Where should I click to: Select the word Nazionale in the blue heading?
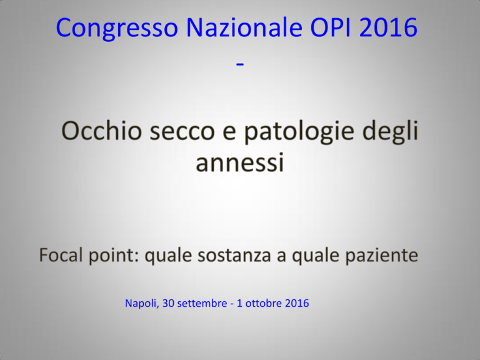[x=244, y=27]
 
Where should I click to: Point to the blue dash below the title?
[x=240, y=64]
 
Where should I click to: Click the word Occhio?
[x=102, y=131]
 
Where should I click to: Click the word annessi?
[x=240, y=163]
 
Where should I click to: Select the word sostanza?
[x=234, y=256]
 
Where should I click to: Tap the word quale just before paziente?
[x=315, y=256]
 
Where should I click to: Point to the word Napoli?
[x=142, y=303]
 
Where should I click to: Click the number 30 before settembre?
[x=168, y=303]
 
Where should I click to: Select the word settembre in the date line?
[x=202, y=303]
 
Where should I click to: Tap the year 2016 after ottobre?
[x=297, y=303]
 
